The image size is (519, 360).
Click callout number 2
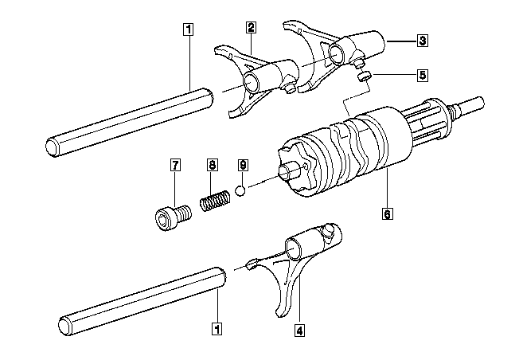251,28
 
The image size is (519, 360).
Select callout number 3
422,39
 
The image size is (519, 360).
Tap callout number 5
422,75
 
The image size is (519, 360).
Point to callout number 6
386,213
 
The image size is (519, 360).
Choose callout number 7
175,166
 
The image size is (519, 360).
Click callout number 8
212,166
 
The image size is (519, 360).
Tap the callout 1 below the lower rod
217,326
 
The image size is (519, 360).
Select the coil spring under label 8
214,199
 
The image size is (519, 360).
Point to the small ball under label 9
240,191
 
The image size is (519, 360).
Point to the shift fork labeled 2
247,80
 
